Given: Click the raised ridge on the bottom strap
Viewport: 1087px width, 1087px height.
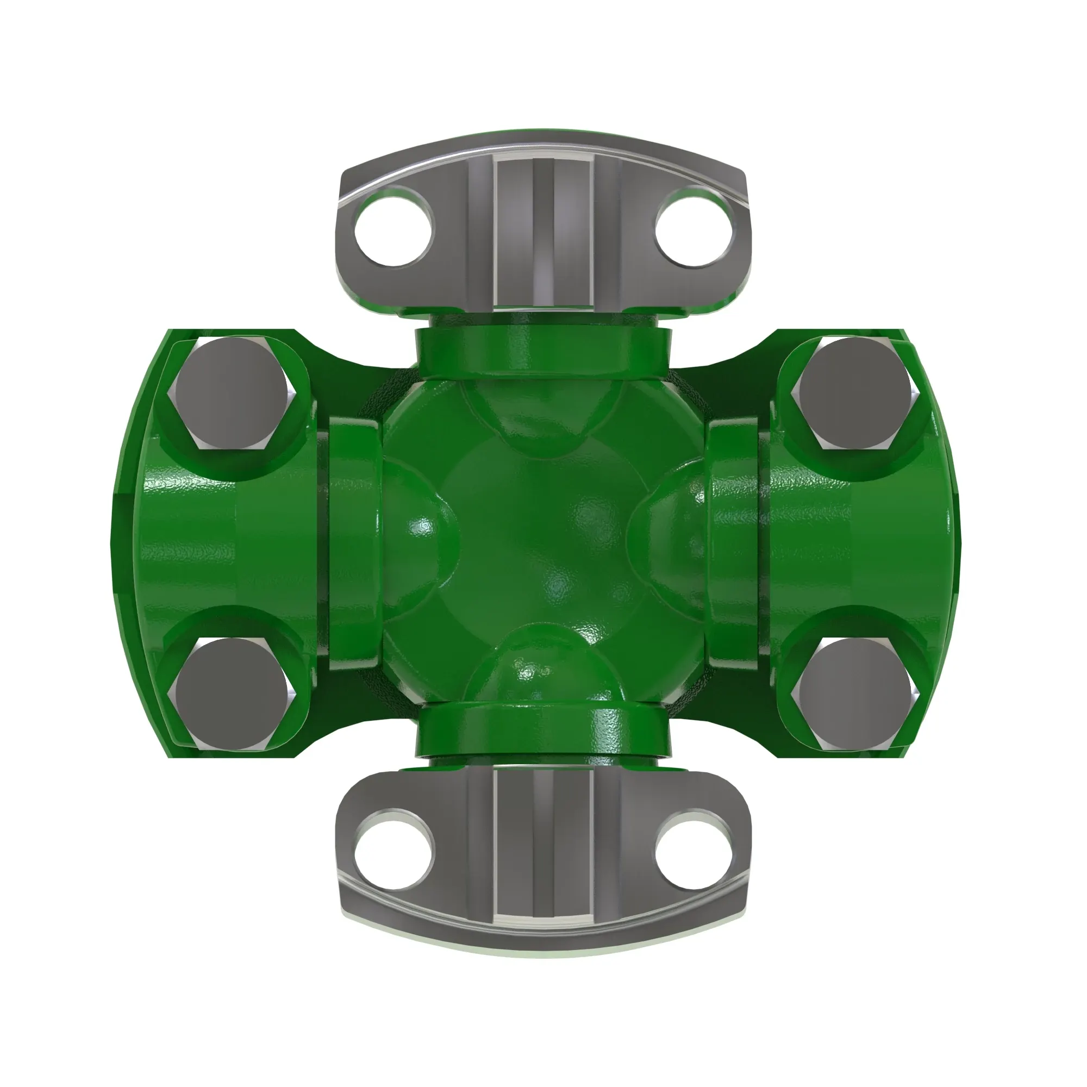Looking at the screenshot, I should pos(543,861).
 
